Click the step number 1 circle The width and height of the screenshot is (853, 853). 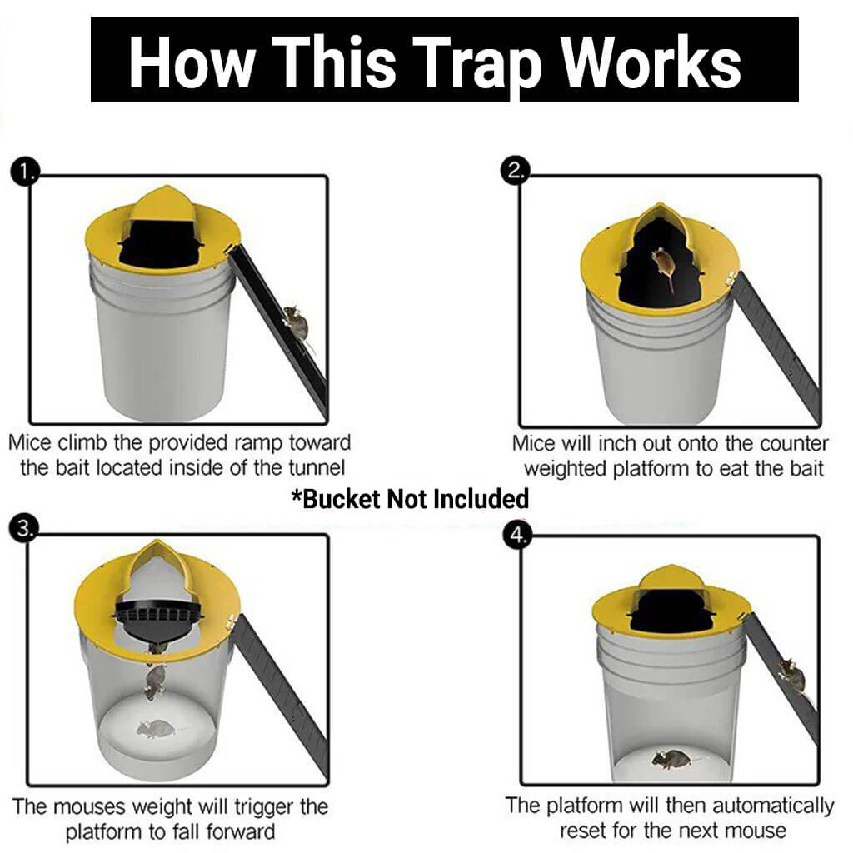24,172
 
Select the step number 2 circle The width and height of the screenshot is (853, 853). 515,171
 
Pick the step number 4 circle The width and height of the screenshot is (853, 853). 517,536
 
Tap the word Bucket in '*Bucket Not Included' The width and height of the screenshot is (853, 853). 341,499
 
